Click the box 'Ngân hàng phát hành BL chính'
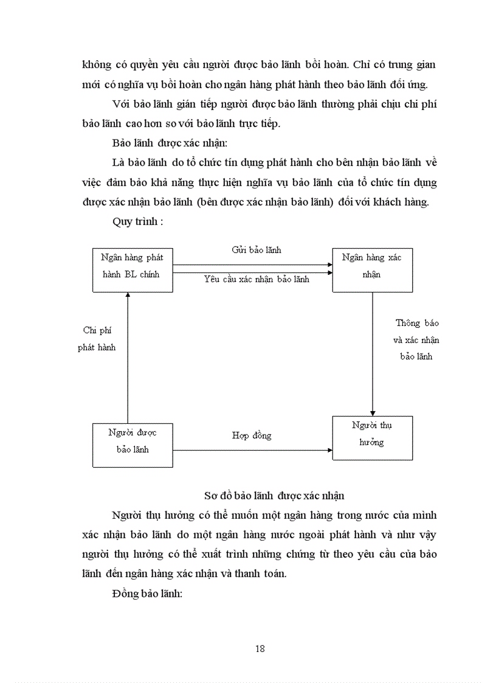[132, 269]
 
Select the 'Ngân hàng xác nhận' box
[372, 269]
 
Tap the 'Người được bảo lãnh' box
[132, 445]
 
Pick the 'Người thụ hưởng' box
[372, 437]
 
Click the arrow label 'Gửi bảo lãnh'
[257, 250]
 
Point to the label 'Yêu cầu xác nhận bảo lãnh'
[257, 279]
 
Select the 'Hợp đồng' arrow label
[252, 435]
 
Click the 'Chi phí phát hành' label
[97, 339]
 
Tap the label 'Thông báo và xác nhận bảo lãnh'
[417, 339]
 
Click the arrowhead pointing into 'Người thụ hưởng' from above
[373, 413]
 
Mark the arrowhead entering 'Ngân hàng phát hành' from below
[128, 295]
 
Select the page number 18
[260, 648]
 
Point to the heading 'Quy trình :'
[137, 221]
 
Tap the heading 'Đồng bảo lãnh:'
[148, 594]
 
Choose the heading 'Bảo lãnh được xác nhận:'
[159, 144]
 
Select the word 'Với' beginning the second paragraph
[120, 104]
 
